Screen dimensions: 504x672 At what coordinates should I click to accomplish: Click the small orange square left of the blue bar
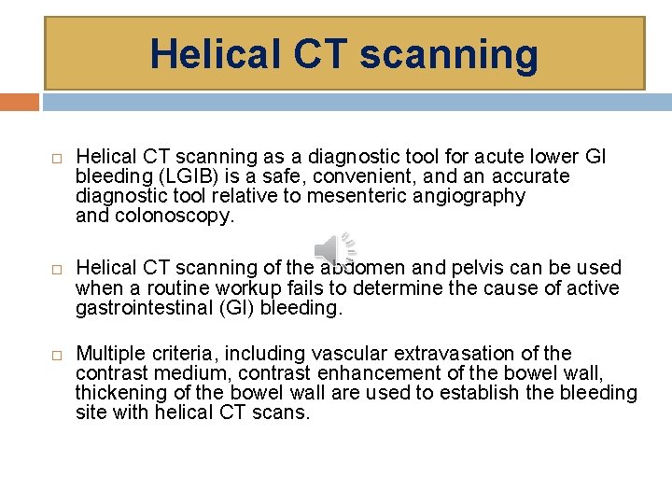tap(20, 102)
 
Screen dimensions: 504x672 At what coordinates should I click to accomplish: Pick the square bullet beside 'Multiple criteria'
tap(56, 355)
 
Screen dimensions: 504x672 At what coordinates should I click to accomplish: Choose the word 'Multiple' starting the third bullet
tap(112, 354)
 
